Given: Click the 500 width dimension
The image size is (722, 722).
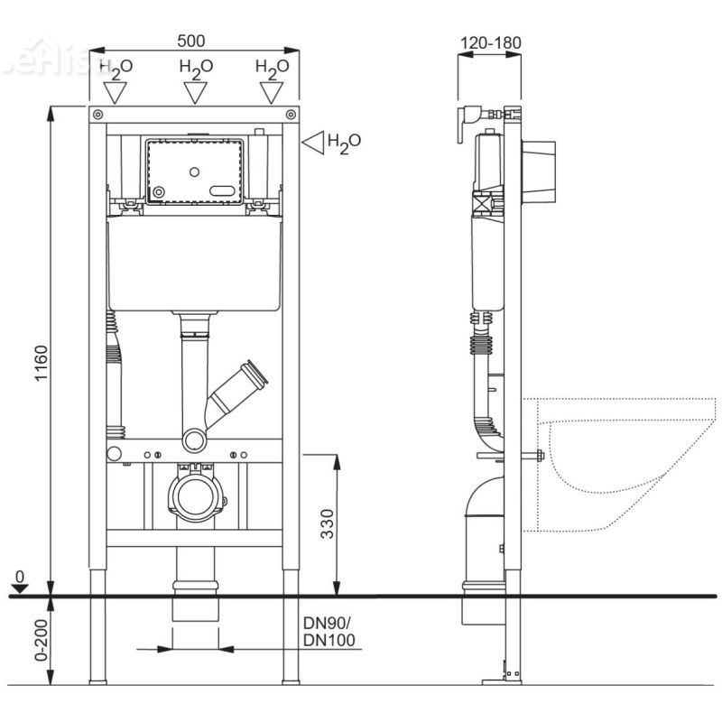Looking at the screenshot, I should tap(191, 41).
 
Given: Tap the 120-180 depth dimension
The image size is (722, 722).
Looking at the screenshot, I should tap(489, 42).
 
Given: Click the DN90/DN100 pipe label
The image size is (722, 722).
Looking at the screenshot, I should tap(329, 632).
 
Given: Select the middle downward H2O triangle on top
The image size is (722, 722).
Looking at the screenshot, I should tap(195, 92).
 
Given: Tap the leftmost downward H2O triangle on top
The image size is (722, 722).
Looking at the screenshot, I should tap(116, 92).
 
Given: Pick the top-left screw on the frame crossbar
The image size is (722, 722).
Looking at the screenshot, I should tap(97, 114).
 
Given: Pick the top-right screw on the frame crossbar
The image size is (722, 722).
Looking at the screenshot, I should tap(291, 114).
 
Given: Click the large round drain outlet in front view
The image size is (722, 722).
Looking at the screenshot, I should tap(195, 495).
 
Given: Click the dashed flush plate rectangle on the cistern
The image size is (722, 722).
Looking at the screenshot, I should tap(195, 171).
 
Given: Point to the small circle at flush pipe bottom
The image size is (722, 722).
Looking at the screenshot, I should tap(194, 441).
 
